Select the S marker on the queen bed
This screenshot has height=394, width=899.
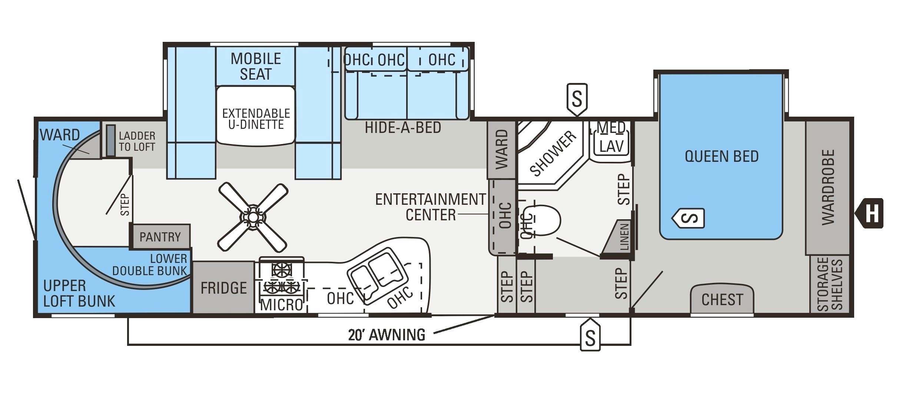tap(689, 218)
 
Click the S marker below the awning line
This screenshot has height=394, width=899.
tap(590, 336)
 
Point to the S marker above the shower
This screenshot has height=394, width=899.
tap(577, 98)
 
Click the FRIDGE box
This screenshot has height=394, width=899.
tap(223, 288)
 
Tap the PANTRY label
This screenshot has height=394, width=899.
tap(160, 237)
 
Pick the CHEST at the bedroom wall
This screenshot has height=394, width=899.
tap(722, 300)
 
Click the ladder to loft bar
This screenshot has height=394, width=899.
tap(110, 141)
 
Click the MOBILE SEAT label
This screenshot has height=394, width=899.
tap(256, 66)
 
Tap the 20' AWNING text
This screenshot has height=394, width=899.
tap(387, 335)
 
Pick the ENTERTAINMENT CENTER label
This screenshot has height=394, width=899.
tap(430, 207)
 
